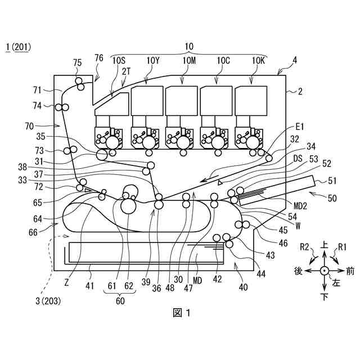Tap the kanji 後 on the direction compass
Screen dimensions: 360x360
pos(299,271)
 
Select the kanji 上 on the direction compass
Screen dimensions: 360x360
pos(325,246)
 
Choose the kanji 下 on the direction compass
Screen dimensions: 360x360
pos(325,296)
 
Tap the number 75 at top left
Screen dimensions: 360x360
pos(78,64)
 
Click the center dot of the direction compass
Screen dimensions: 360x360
pos(325,271)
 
